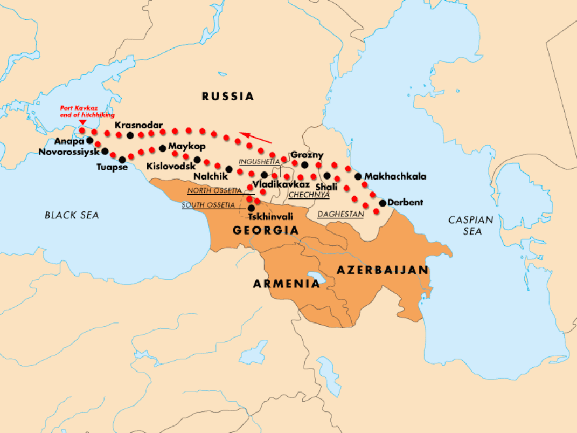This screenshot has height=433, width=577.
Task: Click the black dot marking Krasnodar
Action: (130, 135)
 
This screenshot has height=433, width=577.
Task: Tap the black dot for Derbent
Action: (383, 203)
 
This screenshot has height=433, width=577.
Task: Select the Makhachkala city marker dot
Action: (358, 176)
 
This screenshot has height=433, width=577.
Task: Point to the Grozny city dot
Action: (305, 165)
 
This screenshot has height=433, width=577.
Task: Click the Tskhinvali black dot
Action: (251, 208)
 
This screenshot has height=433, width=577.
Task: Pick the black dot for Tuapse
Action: (122, 160)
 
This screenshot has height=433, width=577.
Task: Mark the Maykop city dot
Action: (163, 147)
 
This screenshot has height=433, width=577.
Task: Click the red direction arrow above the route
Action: (255, 138)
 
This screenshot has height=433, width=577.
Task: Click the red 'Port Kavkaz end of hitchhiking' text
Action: (87, 111)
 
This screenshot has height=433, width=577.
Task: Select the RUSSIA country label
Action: (227, 97)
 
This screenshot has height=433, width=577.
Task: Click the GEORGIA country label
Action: (265, 231)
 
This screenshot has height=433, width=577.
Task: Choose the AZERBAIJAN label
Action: (382, 270)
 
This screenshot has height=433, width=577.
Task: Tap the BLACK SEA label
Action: (72, 215)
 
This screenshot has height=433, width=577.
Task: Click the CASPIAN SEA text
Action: (471, 225)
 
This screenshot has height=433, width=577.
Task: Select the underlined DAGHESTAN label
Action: (340, 214)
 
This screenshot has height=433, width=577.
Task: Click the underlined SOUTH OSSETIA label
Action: (208, 205)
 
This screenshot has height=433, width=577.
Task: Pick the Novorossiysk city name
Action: (69, 152)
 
